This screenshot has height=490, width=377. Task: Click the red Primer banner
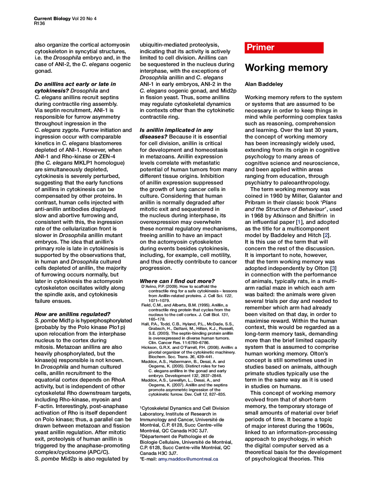click(x=284, y=47)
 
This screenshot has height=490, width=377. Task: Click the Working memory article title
click(x=286, y=68)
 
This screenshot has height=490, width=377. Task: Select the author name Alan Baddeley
click(x=264, y=84)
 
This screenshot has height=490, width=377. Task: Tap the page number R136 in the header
click(x=39, y=24)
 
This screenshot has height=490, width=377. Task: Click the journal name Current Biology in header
click(x=52, y=19)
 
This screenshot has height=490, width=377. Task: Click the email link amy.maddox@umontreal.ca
click(x=188, y=459)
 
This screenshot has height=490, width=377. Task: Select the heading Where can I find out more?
click(x=177, y=281)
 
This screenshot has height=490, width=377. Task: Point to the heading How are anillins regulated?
click(x=72, y=314)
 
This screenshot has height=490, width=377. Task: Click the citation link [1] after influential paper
click(x=299, y=222)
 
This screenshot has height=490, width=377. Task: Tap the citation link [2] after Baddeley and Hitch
click(x=326, y=235)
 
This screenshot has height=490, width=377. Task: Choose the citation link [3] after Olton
click(x=333, y=268)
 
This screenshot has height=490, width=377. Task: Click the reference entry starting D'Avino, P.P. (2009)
click(x=188, y=293)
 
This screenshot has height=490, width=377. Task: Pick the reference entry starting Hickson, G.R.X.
click(x=188, y=352)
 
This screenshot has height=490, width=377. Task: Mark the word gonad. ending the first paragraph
click(x=43, y=71)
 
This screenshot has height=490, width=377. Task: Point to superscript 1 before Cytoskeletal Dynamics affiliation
click(x=141, y=407)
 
